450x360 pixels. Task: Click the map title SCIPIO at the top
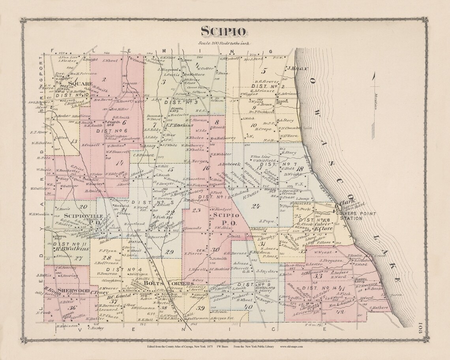pyautogui.click(x=223, y=31)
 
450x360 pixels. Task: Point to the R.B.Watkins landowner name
pyautogui.click(x=69, y=249)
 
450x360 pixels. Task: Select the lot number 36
pyautogui.click(x=72, y=308)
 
